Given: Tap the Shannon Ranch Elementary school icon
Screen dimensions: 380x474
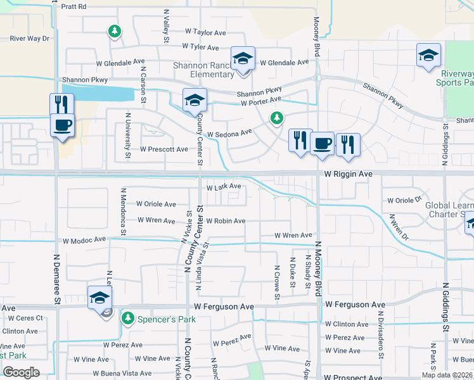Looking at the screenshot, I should pos(242,59).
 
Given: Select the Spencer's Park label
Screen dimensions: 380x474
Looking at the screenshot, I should pos(167,319).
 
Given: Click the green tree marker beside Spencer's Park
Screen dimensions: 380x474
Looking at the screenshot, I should pos(128,317).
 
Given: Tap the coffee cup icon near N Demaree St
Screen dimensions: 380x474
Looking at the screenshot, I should pos(62,125).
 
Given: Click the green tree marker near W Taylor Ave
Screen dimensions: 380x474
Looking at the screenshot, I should pos(114,31).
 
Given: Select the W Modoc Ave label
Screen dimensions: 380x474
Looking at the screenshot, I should pos(84,241).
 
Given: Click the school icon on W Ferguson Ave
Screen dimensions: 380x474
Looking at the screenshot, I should pos(99,298).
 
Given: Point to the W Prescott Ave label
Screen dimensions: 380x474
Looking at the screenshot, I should pos(164,149).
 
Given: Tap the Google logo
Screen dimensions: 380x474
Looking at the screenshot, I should pos(21,372).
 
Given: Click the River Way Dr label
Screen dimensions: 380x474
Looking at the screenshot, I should pos(29,39).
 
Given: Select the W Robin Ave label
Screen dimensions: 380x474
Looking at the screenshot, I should pos(225,221).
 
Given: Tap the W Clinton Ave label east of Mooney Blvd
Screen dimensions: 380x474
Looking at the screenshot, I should pos(345,324).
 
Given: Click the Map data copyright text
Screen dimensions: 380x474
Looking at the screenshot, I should pos(445,375).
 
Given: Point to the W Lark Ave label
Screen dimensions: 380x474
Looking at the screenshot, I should pos(224,186).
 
